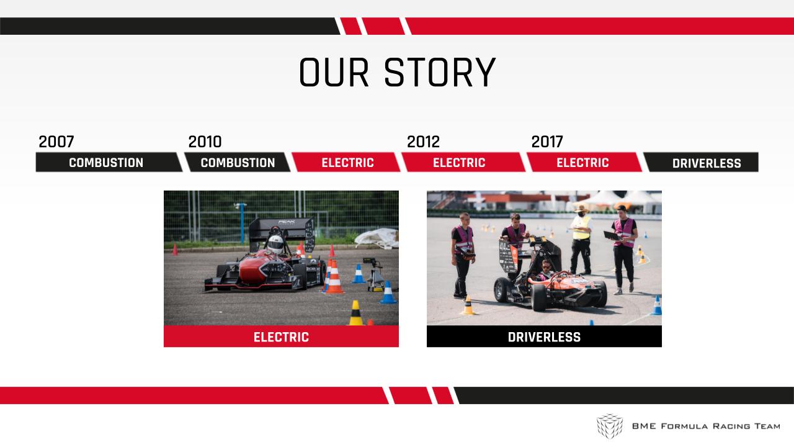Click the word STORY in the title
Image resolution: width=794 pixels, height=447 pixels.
(440, 73)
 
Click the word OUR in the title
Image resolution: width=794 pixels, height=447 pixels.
(334, 73)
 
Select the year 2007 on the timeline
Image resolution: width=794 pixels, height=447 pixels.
(56, 142)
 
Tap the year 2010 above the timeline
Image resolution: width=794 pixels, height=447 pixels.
(205, 142)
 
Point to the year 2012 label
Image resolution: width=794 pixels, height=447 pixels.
(423, 142)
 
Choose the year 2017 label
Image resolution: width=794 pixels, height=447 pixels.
(547, 142)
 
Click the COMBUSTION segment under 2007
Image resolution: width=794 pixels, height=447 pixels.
(106, 163)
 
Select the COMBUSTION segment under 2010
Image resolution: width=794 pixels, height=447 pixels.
(238, 163)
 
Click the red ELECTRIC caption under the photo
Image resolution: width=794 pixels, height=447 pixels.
(281, 336)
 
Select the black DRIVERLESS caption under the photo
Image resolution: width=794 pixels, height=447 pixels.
(544, 336)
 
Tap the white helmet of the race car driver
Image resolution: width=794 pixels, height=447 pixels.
(275, 244)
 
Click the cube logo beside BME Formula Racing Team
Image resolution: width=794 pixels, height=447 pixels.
(610, 426)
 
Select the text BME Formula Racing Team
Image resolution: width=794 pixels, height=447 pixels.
(706, 426)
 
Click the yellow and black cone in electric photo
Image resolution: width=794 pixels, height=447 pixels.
(355, 313)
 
